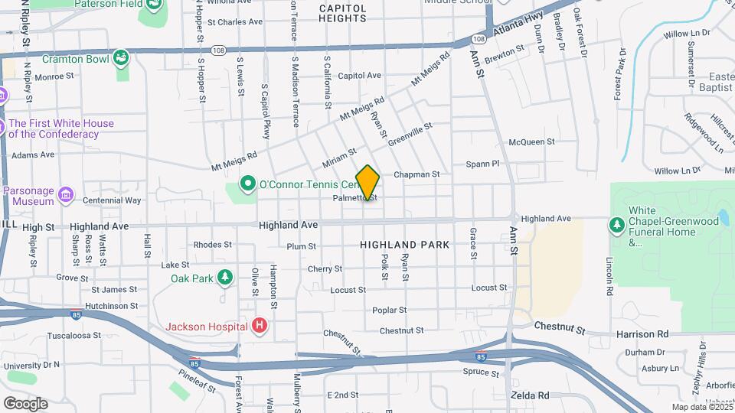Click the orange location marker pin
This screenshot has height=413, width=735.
[x=367, y=182]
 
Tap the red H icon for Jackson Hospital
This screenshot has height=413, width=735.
[x=260, y=327]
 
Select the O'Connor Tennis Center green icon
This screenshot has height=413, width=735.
[x=247, y=184]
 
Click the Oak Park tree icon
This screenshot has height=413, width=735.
[x=224, y=278]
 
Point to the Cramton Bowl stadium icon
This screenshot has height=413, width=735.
[x=121, y=58]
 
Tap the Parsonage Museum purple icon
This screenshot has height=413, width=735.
[x=66, y=196]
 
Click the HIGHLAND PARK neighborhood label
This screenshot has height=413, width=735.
[x=403, y=245]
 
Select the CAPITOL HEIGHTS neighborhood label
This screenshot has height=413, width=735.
[x=342, y=12]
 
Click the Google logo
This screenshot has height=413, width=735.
[x=25, y=404]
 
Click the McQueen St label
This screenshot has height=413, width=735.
[x=531, y=141]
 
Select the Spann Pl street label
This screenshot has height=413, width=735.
[x=482, y=164]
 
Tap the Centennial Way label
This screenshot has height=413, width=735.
[x=112, y=200]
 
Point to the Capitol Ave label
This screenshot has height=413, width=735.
[x=359, y=76]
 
